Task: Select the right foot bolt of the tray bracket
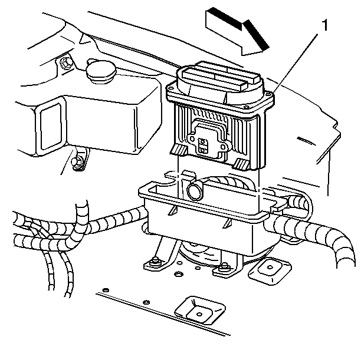click(222, 269)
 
